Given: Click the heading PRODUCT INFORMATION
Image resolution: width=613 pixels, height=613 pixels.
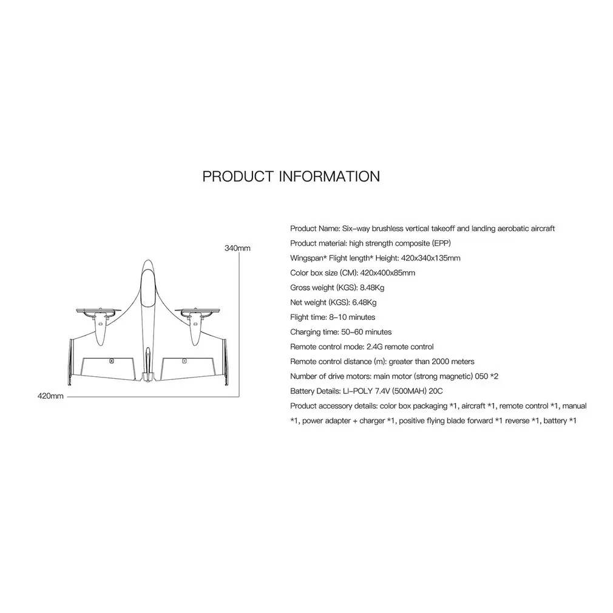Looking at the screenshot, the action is coord(291,177).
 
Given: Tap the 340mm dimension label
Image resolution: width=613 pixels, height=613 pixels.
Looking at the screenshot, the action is coord(237,248).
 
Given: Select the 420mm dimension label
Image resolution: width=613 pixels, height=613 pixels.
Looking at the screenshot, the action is coord(50,396).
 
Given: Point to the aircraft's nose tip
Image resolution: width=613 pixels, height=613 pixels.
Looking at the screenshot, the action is coord(147,260).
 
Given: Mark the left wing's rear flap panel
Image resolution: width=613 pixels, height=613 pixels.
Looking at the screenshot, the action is coord(107,368).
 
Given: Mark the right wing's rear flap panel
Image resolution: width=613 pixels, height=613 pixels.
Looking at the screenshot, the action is coord(188,368).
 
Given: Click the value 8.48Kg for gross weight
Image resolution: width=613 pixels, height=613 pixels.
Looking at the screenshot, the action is coord(372,288).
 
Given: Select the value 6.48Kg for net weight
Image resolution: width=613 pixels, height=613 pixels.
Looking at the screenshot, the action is coord(364,303).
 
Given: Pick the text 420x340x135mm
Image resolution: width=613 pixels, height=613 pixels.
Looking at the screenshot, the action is coord(430,258).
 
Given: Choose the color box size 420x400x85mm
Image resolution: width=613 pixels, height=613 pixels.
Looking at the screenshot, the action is coord(387,273).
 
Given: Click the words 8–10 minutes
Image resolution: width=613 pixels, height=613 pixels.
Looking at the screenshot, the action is coord(352,317).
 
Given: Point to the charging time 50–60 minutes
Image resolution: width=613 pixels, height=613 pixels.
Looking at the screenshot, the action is coord(367,332).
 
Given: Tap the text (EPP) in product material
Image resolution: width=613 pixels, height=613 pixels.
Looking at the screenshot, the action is coord(441,243).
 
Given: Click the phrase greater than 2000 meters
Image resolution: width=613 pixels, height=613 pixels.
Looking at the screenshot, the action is coord(432,362).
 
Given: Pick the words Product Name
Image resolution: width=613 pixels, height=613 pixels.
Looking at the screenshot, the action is coord(314,228).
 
